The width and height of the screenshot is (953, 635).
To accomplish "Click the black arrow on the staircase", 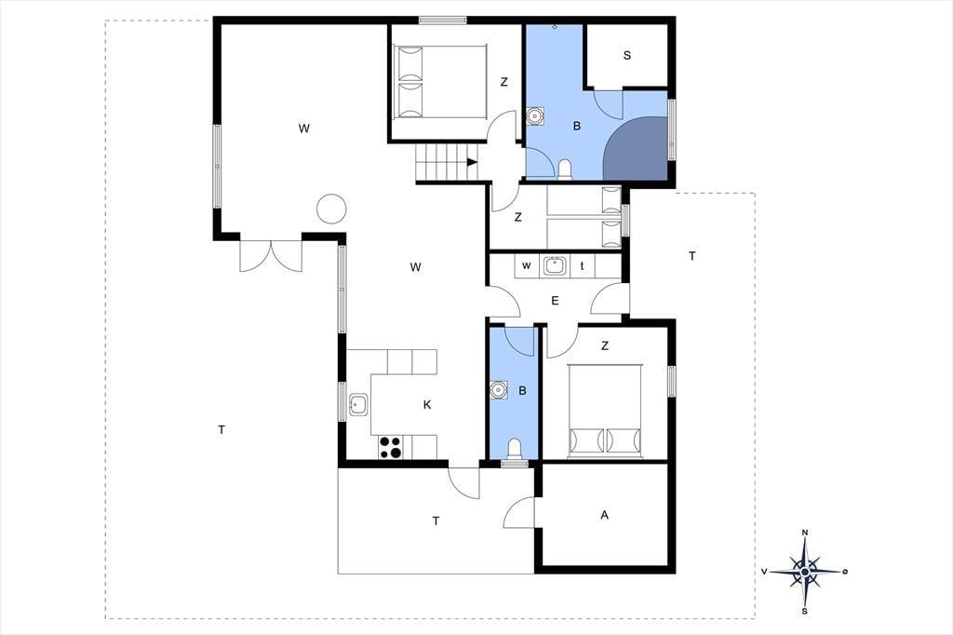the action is click(x=472, y=162).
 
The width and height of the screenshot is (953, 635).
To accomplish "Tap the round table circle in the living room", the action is click(x=331, y=209).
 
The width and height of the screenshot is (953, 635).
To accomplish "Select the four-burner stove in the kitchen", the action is click(x=390, y=447).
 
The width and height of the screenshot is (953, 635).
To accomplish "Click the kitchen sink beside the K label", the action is click(x=358, y=404).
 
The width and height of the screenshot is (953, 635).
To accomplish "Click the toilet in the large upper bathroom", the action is click(x=565, y=169).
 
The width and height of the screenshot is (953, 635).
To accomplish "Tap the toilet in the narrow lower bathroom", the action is click(x=514, y=449).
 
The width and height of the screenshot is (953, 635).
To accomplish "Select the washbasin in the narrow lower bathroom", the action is click(x=499, y=389).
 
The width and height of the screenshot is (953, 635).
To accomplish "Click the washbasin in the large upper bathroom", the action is click(x=534, y=115).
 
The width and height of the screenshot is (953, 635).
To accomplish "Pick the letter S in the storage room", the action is click(x=626, y=55).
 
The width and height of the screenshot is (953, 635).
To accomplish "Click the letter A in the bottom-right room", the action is click(x=604, y=515).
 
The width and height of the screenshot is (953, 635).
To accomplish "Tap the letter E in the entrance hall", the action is click(x=555, y=301).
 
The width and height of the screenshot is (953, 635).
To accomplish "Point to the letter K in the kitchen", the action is click(x=427, y=404).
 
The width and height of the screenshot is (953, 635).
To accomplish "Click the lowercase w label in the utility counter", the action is click(x=527, y=265).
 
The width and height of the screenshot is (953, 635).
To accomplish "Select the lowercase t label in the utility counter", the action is click(x=583, y=265).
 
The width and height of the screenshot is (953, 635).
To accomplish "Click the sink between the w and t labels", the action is click(x=555, y=265).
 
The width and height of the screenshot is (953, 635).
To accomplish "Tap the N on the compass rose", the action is click(x=805, y=533).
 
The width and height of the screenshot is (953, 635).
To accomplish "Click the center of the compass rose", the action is click(x=805, y=572).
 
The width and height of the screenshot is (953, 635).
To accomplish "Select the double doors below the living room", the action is click(x=271, y=256).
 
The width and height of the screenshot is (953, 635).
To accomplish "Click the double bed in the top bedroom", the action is click(x=441, y=82).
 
